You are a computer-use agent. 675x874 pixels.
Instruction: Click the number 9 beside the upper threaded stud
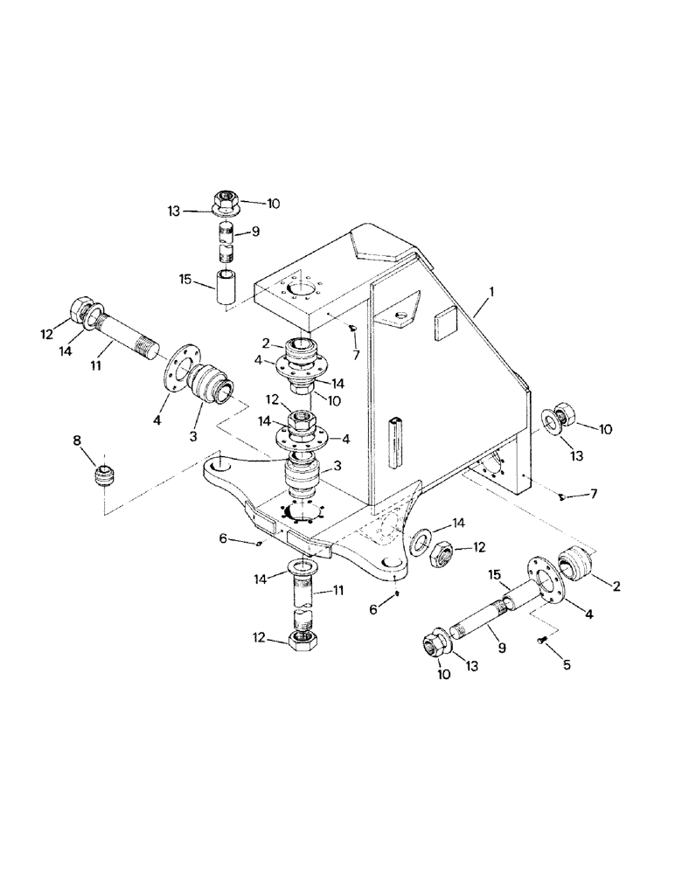tap(256, 232)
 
